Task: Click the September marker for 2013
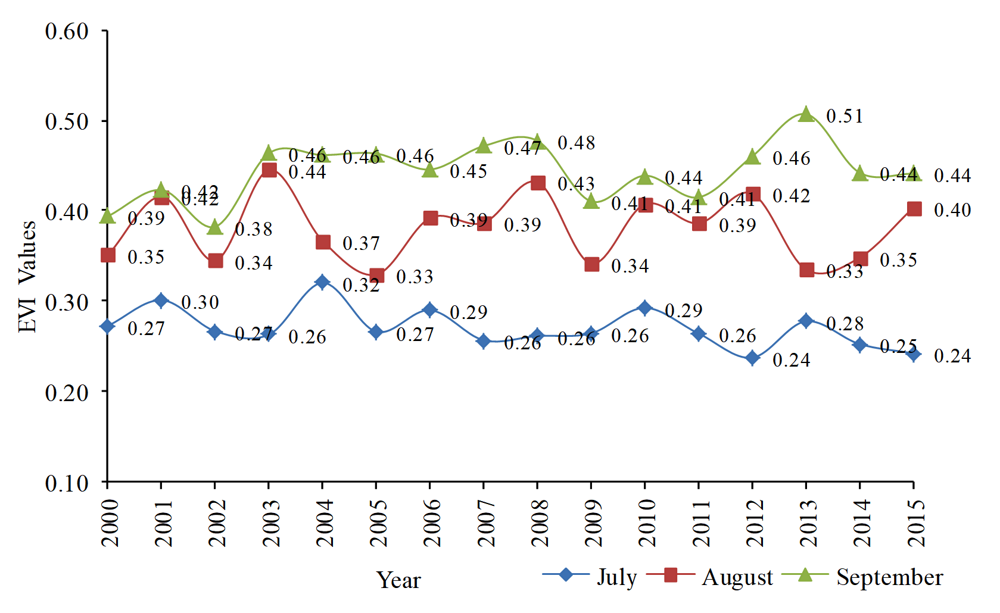[x=806, y=114]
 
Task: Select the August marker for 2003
[x=269, y=170]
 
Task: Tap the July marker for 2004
[x=323, y=282]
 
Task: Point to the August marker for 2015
[x=914, y=209]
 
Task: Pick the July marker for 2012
[x=753, y=358]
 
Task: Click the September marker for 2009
[x=591, y=201]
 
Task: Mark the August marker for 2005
[x=376, y=276]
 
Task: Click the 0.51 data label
[x=845, y=116]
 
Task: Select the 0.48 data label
[x=576, y=143]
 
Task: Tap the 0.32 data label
[x=361, y=285]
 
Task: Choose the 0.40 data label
[x=952, y=210]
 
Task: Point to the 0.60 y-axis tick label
[x=67, y=31]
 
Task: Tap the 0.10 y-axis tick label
[x=67, y=483]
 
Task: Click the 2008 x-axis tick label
[x=539, y=523]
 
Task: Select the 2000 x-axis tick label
[x=109, y=523]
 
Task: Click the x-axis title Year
[x=398, y=580]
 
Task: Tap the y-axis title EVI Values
[x=27, y=276]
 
